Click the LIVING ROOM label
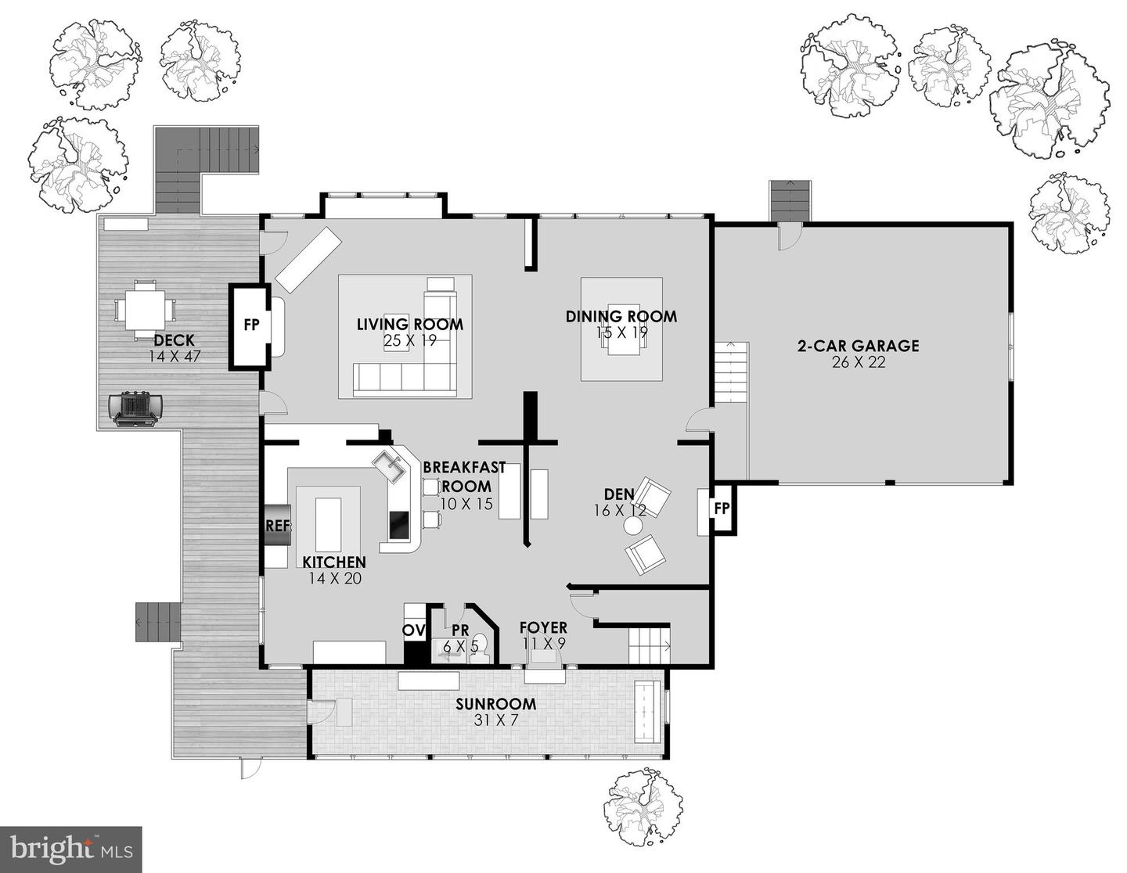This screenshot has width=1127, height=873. click(x=409, y=324)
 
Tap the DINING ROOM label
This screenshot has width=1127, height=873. click(x=621, y=317)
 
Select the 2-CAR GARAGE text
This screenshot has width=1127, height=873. click(x=858, y=346)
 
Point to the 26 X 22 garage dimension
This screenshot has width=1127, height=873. click(x=859, y=362)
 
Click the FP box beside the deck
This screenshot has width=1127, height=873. click(x=250, y=326)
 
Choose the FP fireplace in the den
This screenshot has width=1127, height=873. click(x=722, y=509)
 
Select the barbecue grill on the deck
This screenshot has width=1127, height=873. click(x=136, y=408)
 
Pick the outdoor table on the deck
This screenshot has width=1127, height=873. click(x=145, y=310)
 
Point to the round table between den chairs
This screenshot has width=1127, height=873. click(x=632, y=527)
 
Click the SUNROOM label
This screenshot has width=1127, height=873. click(x=496, y=703)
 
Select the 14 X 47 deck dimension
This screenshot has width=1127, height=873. click(x=175, y=356)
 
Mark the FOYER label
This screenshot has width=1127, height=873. click(x=543, y=628)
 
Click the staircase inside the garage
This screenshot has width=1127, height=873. click(x=730, y=372)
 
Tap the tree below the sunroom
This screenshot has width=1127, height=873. click(x=645, y=806)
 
